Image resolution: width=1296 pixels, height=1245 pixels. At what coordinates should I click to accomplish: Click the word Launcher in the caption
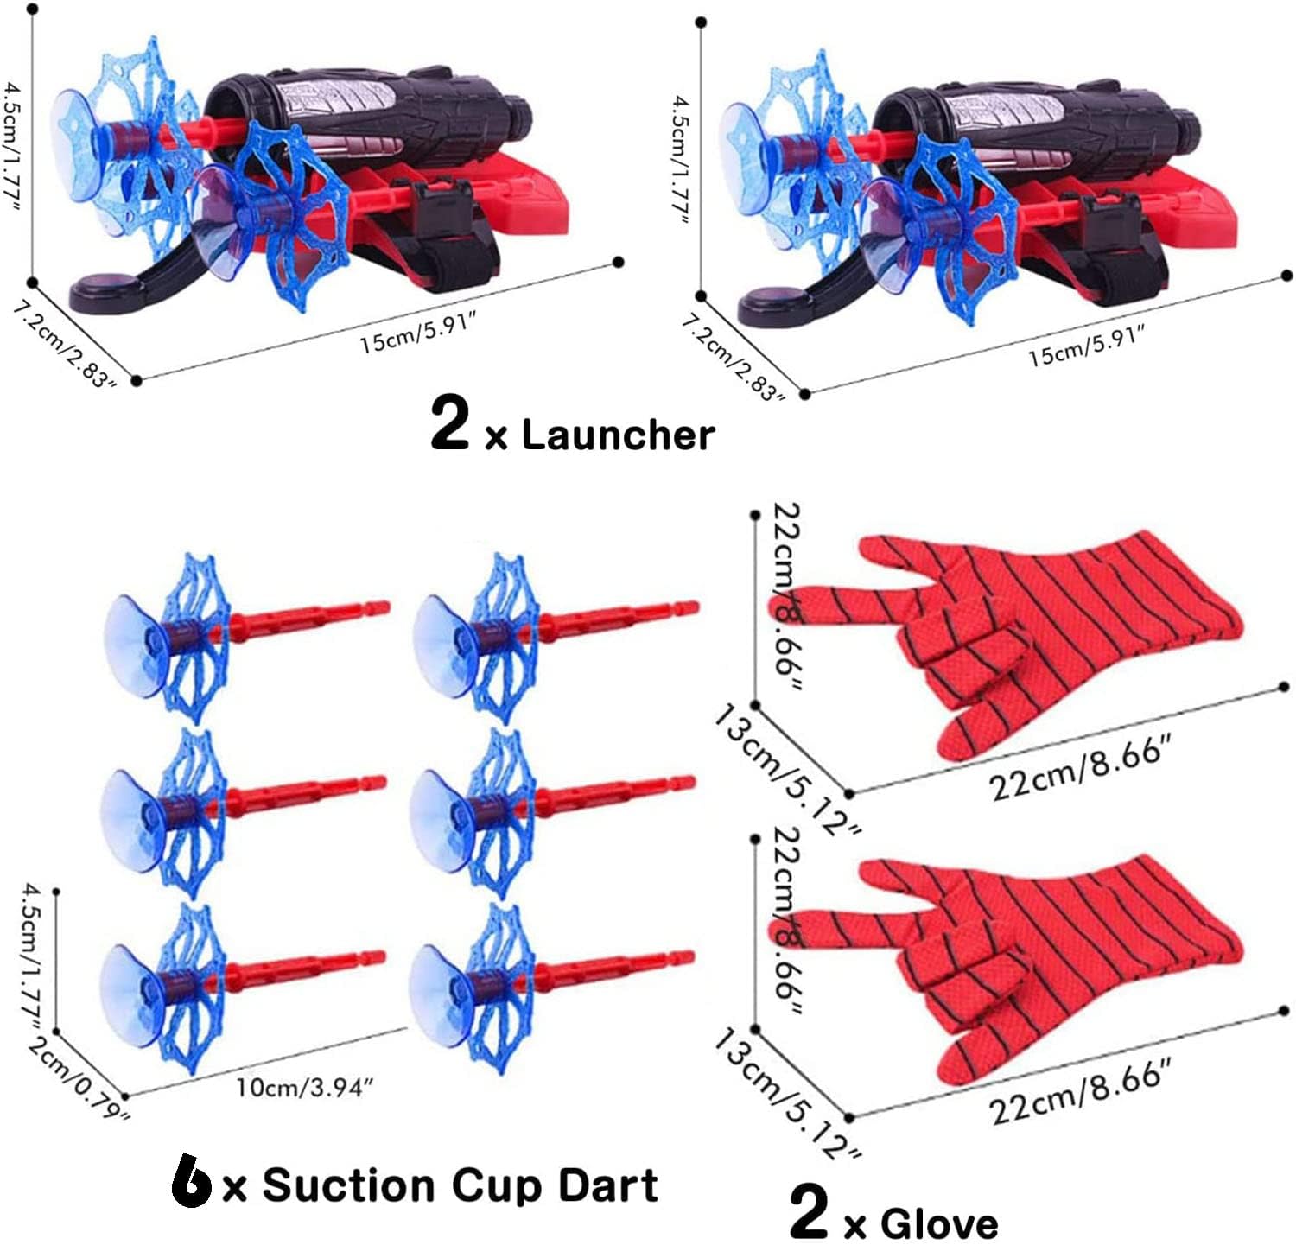coord(618,435)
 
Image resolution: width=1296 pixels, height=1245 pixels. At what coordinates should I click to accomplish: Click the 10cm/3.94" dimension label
coord(304,1086)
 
